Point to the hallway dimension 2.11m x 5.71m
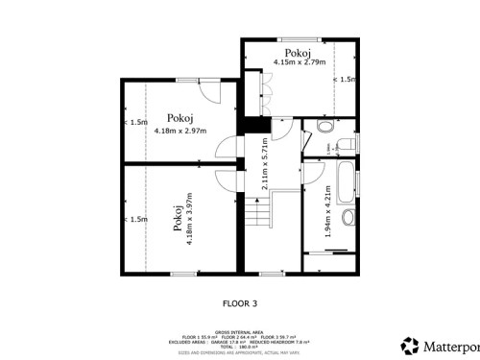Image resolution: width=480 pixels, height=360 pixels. [x=265, y=165]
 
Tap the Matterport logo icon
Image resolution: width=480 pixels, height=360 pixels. [x=410, y=344]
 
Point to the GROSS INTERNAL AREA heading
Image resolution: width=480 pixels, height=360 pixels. [x=240, y=330]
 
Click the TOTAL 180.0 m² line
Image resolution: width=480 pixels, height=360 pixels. [x=240, y=348]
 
